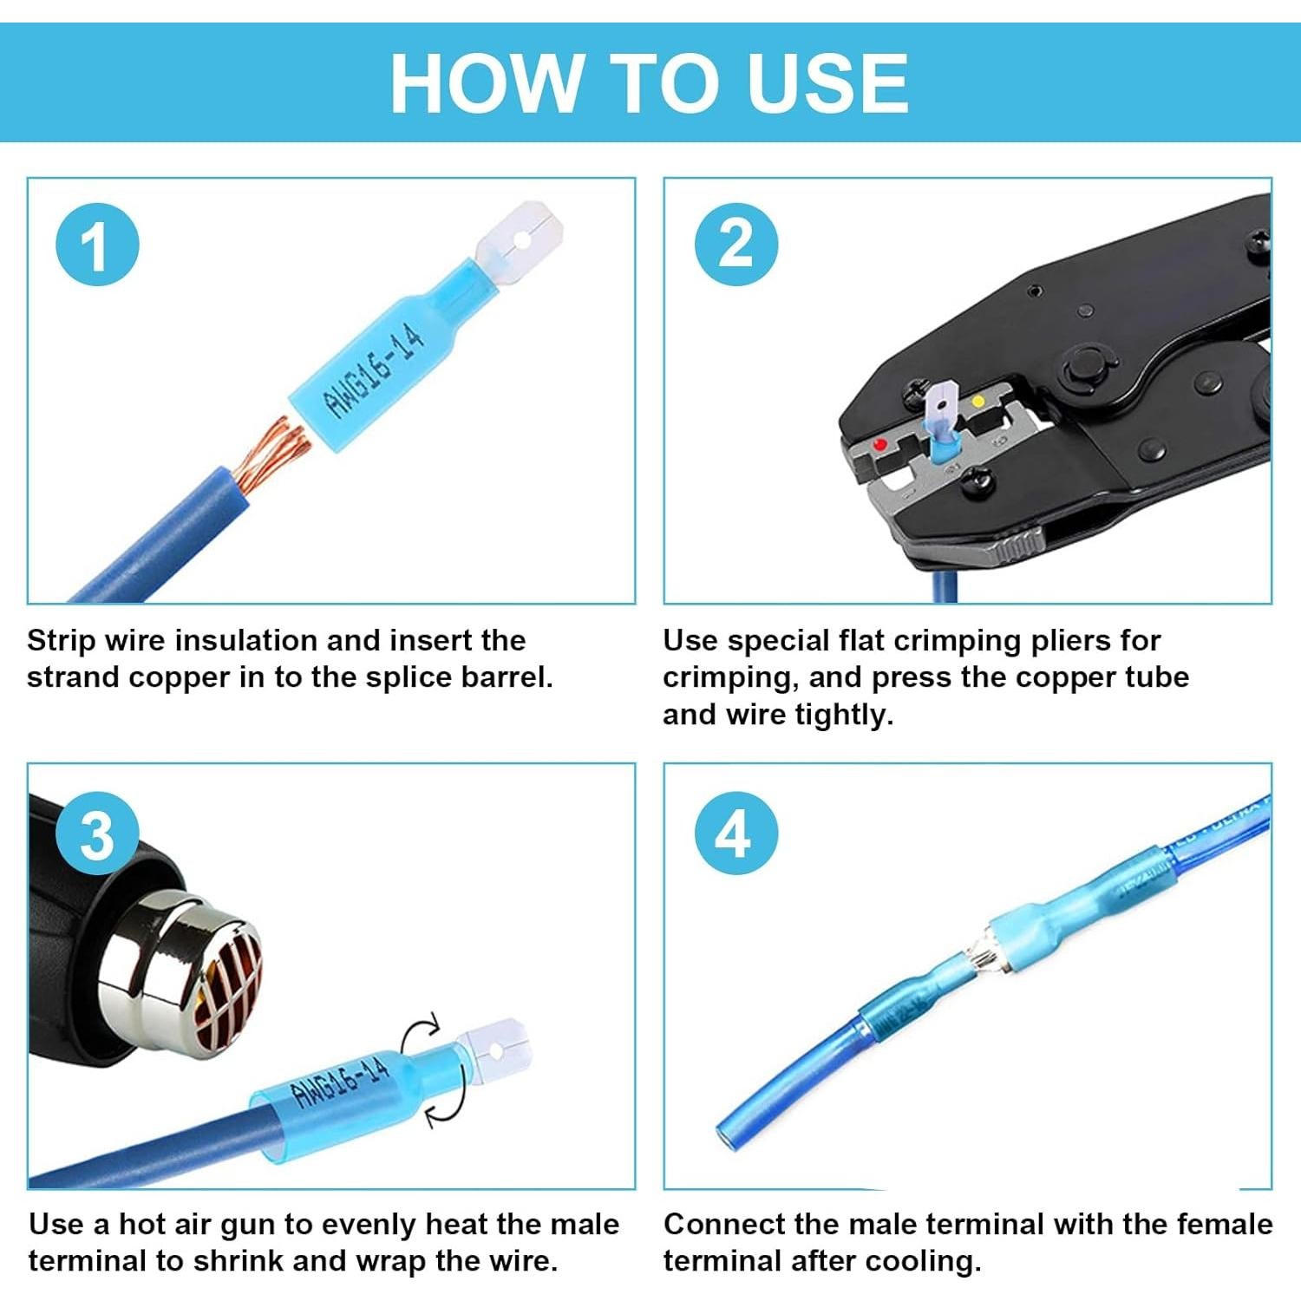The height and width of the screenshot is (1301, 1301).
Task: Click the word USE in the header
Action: pos(827,82)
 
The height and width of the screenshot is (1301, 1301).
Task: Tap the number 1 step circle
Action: pos(97,245)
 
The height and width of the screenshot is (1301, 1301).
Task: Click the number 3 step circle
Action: pos(97,835)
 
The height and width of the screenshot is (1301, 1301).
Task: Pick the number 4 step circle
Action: pos(735,834)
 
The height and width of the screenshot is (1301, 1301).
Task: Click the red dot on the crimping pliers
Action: pos(880,445)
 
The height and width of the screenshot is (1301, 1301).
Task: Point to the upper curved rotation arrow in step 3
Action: pos(422,1034)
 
